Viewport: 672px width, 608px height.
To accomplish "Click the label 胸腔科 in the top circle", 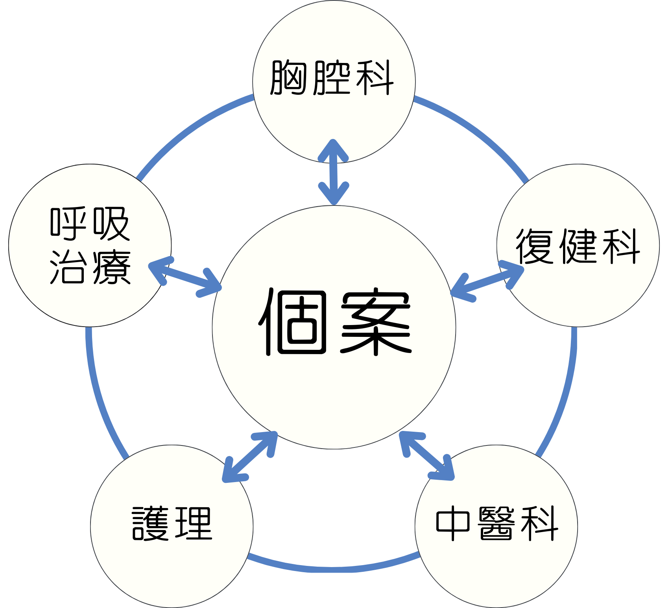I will click(332, 78).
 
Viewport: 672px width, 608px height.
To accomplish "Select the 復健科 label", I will click(578, 246).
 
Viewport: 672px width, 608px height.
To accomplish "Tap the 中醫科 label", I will click(497, 523).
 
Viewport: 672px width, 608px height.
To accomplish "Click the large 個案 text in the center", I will click(334, 322).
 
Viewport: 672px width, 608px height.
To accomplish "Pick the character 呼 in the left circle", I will click(68, 223).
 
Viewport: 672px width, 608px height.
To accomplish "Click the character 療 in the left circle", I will click(111, 267).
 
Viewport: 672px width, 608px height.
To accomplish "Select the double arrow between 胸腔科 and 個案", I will click(334, 172).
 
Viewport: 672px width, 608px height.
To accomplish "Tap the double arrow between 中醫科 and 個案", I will click(427, 456).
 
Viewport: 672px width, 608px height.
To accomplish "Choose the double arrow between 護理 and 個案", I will click(250, 456).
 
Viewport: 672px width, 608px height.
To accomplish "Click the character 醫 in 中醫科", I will click(497, 523).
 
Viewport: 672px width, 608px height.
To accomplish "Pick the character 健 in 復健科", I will click(578, 246).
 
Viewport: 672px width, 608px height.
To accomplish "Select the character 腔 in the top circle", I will click(332, 78).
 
